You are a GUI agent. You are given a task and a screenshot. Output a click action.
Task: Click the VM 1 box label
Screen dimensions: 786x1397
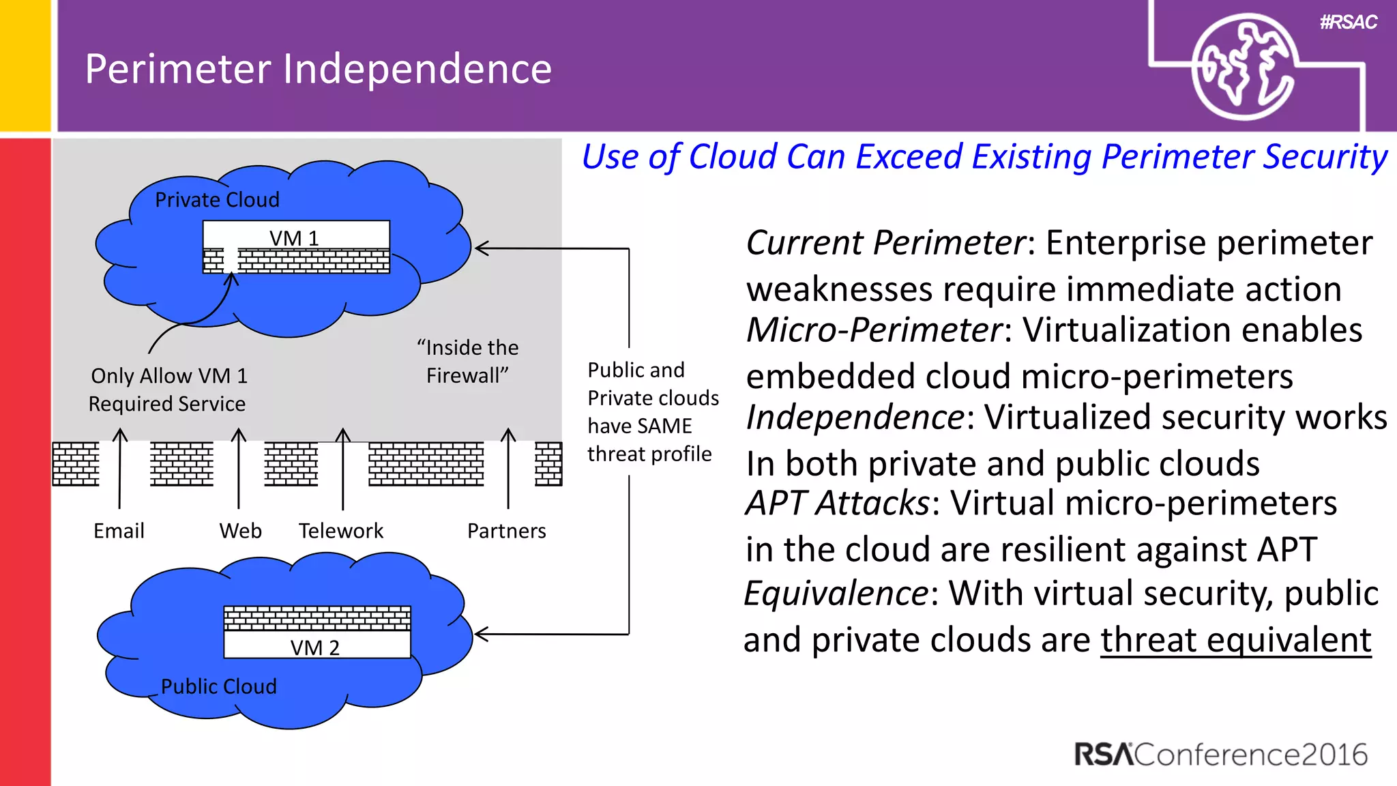coord(294,238)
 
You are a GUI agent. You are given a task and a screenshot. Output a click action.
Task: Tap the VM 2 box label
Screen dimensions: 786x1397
coord(314,647)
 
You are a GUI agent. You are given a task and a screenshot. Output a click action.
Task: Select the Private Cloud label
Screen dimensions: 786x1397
coord(217,200)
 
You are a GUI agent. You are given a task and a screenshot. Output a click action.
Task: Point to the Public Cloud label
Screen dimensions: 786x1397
coord(218,686)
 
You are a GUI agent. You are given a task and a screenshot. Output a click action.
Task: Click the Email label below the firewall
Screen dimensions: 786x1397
coord(119,531)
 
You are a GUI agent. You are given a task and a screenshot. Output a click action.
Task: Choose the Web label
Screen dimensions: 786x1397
coord(240,531)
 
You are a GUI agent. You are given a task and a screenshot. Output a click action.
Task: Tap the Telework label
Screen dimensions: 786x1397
coord(341,531)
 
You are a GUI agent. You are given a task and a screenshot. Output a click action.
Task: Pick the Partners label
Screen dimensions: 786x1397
coord(506,531)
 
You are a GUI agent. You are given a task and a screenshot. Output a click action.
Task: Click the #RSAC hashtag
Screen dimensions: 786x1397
coord(1348,23)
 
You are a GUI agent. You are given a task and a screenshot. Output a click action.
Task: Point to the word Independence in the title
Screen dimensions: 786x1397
coord(417,69)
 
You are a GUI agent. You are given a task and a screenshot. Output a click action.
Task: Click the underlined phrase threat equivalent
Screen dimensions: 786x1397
coord(1235,640)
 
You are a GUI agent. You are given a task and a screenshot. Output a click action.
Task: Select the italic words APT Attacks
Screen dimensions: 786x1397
coord(837,504)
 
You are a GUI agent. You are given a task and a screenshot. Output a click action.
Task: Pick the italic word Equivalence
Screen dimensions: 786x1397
coord(836,593)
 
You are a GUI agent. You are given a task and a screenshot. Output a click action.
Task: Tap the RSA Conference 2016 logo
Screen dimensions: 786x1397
coord(1220,755)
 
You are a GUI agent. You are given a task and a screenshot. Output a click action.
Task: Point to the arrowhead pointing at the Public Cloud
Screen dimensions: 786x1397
coord(480,635)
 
